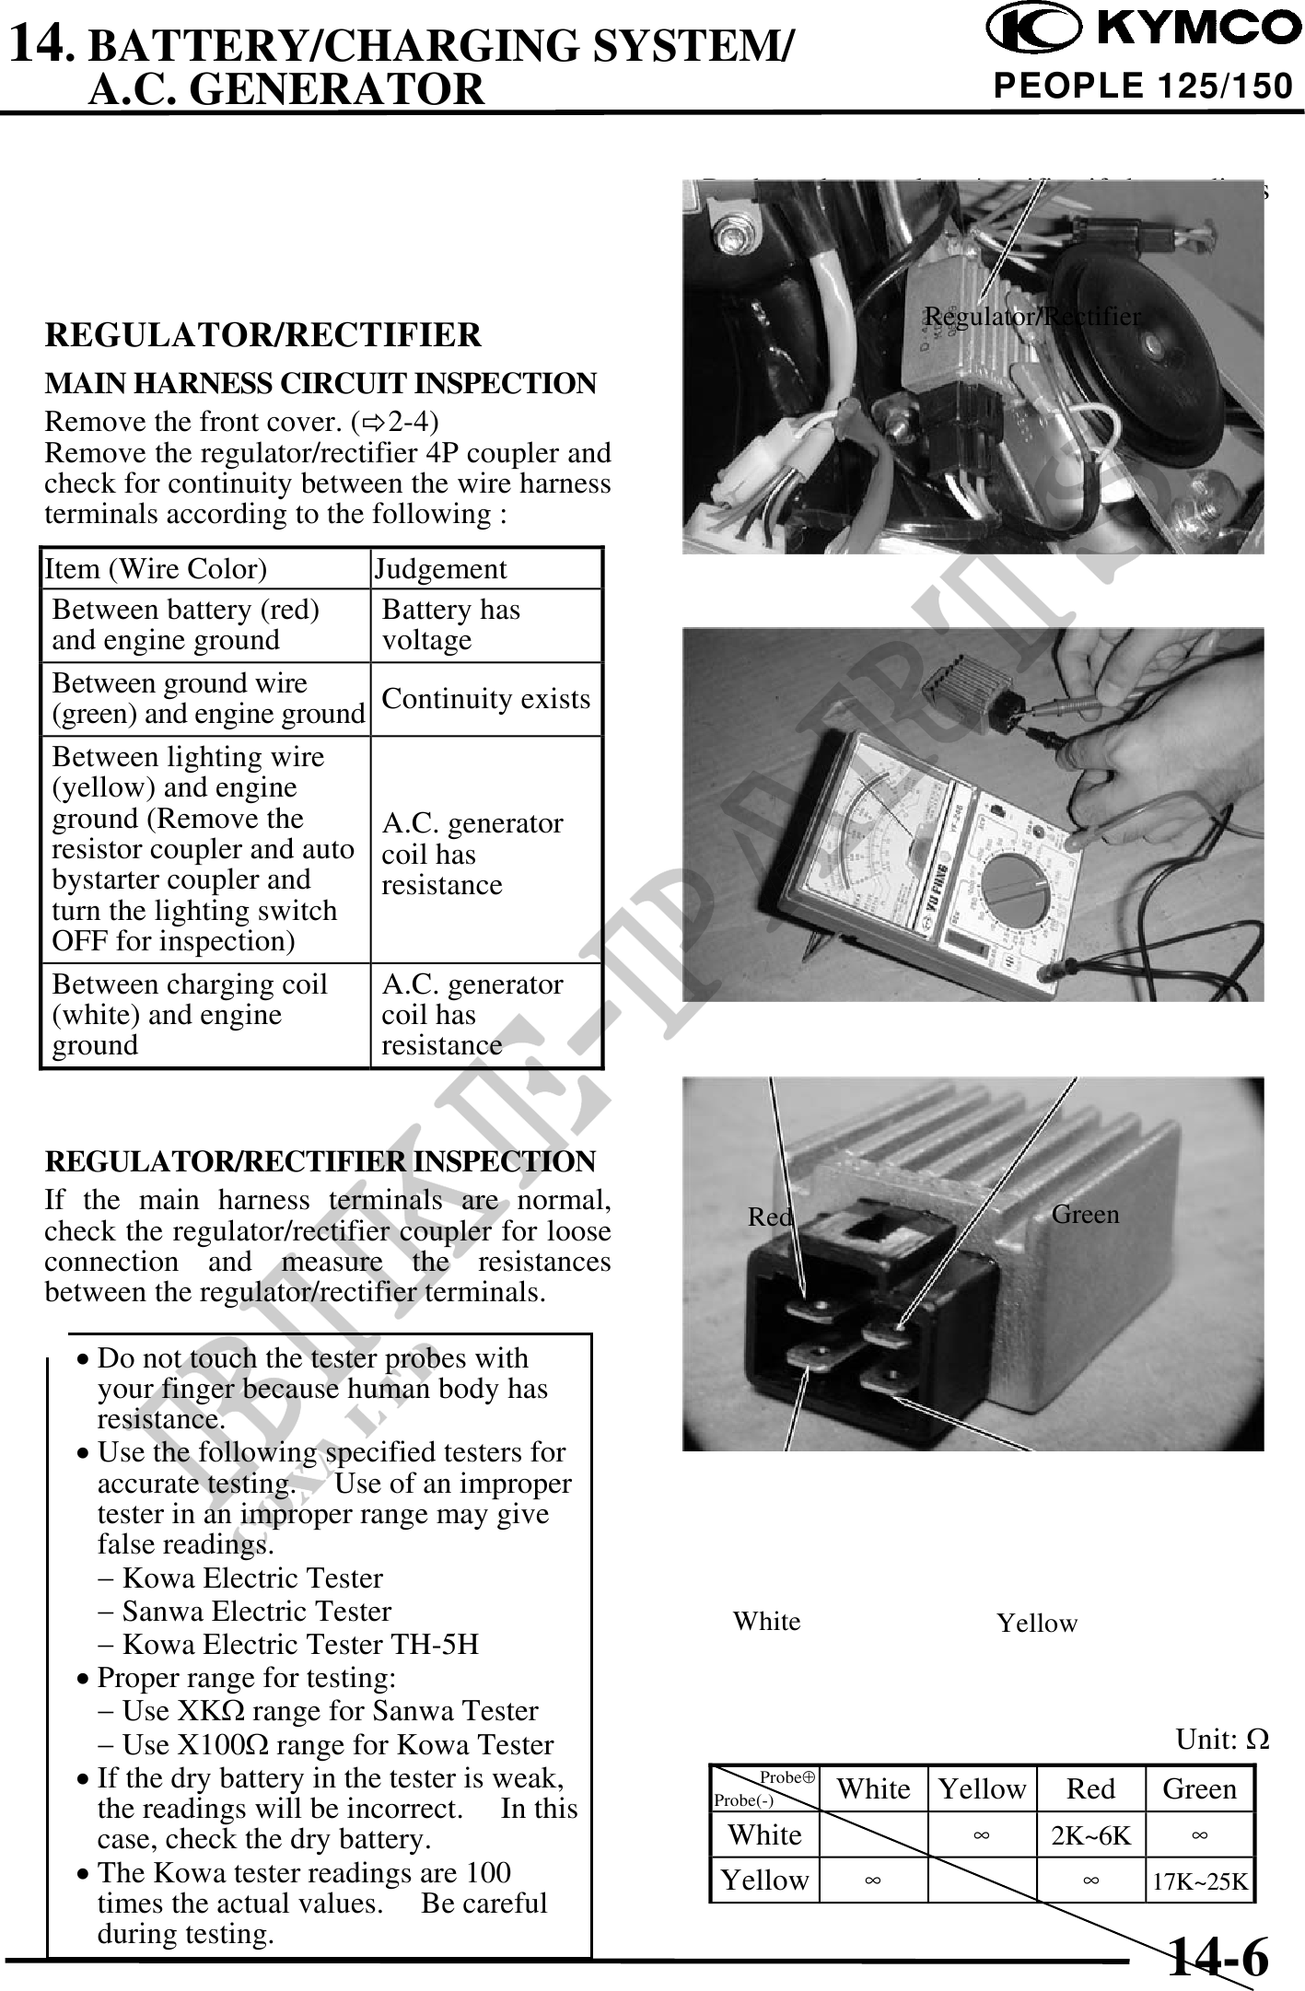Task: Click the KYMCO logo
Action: click(x=1143, y=29)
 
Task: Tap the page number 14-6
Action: click(x=1218, y=1956)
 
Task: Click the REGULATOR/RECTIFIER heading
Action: click(x=262, y=334)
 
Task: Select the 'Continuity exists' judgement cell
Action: click(x=485, y=699)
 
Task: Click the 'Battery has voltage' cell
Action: click(x=450, y=624)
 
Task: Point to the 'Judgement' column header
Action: click(x=440, y=569)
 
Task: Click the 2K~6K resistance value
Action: click(x=1090, y=1835)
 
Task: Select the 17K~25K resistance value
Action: click(x=1200, y=1880)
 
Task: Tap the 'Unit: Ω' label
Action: click(x=1222, y=1740)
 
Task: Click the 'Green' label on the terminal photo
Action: click(x=1085, y=1215)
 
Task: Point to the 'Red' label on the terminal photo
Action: click(x=770, y=1217)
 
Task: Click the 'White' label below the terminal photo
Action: click(x=766, y=1621)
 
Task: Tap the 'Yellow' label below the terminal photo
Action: click(x=1037, y=1624)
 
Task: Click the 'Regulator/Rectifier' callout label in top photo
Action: click(x=1031, y=317)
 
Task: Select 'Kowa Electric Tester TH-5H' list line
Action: click(x=299, y=1644)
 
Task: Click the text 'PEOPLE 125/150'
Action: click(x=1143, y=87)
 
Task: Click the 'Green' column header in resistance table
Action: click(x=1199, y=1788)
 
